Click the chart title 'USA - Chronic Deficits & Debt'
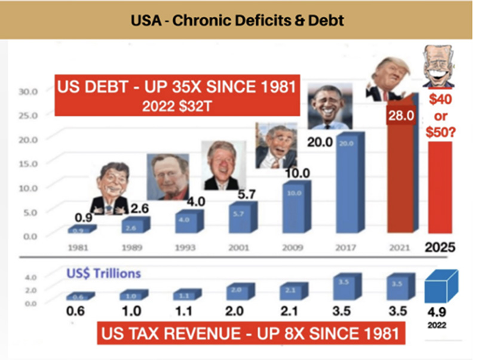click(x=238, y=20)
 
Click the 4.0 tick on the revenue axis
click(x=30, y=277)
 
